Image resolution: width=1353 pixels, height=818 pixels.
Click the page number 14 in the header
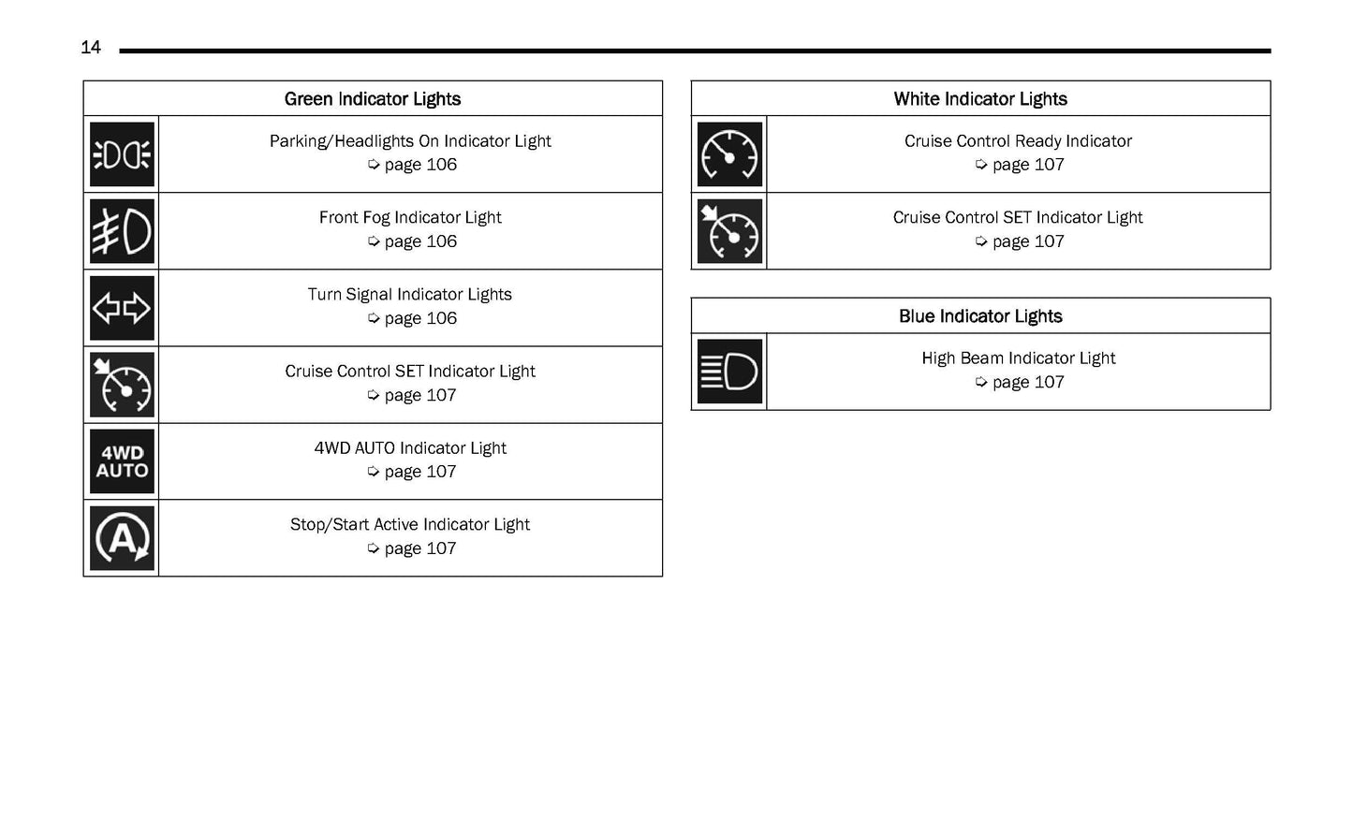pos(91,48)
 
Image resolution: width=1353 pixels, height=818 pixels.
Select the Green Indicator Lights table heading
pos(373,99)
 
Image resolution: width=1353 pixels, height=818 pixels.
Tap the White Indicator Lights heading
pos(980,99)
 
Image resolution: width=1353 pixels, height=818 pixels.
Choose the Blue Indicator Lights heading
pos(980,316)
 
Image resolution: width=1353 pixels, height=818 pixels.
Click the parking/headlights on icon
pos(122,154)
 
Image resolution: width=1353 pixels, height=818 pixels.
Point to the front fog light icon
pos(122,231)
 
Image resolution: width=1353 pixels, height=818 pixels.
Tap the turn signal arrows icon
pos(122,308)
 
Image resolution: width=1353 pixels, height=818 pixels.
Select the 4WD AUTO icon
pos(122,461)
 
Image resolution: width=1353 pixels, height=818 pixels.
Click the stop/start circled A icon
pos(122,538)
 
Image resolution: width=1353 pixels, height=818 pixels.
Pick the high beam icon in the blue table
pos(729,372)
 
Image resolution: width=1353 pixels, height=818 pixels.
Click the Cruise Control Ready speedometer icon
pos(729,154)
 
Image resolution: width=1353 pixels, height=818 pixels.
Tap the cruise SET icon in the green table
pos(122,385)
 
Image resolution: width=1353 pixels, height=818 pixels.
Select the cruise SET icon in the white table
pos(729,231)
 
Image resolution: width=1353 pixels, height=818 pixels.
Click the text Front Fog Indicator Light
pos(410,218)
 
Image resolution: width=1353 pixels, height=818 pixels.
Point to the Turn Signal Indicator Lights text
pos(410,295)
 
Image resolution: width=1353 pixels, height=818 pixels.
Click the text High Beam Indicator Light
pos(1018,358)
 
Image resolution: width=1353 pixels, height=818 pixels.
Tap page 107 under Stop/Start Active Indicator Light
pos(419,549)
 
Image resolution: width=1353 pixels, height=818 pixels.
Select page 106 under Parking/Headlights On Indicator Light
pos(419,166)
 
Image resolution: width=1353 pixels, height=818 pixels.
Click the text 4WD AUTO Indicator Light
pos(410,448)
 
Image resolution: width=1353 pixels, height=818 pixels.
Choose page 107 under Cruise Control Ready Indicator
pos(1027,166)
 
